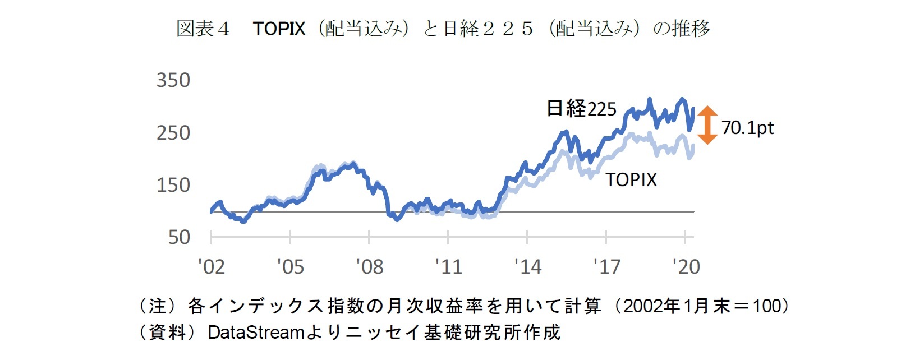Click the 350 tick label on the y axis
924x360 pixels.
pos(173,80)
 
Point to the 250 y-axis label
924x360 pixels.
pos(173,133)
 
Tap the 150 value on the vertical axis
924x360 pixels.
pos(173,185)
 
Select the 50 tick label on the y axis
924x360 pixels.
pos(179,237)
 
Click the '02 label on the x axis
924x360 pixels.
pos(212,266)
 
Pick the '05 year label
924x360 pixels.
pos(290,266)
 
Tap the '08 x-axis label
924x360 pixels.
pos(370,266)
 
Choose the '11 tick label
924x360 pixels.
pos(449,266)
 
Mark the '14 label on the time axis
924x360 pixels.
pos(528,266)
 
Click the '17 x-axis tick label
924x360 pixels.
pos(607,266)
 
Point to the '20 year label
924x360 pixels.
pos(686,266)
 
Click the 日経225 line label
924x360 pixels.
pos(581,108)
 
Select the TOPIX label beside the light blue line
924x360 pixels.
pos(631,180)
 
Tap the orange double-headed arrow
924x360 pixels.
pos(707,125)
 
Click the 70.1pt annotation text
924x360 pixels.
pos(747,128)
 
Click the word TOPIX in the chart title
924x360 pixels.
pos(279,29)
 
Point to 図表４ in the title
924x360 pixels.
pos(203,29)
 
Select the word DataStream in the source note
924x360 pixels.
pos(256,333)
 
